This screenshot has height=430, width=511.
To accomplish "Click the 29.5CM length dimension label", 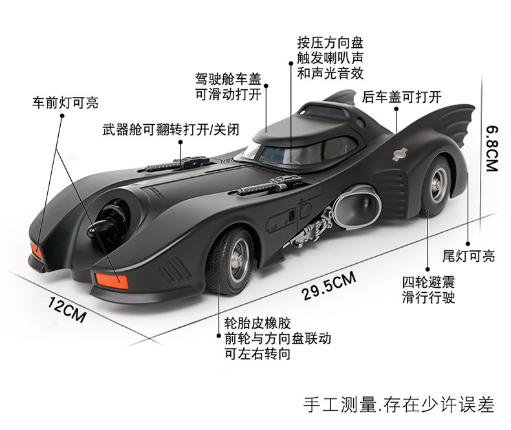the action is tap(329, 286).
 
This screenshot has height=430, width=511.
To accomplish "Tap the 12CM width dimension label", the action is tap(67, 310).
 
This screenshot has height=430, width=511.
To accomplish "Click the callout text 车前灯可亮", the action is tap(65, 103).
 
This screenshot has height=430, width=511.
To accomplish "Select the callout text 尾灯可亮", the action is tap(468, 256).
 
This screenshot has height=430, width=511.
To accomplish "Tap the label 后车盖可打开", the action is tap(402, 97).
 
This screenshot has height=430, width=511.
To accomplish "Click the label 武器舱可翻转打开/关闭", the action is tap(171, 129).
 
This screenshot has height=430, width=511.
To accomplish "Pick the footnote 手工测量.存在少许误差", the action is tap(399, 405).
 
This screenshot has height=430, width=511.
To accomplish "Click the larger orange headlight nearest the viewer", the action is tap(111, 281).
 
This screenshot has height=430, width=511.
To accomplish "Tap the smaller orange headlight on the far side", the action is tap(36, 250).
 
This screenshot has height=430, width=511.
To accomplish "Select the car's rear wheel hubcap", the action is tap(439, 184).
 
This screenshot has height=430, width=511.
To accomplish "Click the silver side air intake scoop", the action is tap(358, 205).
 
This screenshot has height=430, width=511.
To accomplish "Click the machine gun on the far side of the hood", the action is tap(178, 163).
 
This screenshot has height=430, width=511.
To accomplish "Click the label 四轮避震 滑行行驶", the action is tap(428, 290).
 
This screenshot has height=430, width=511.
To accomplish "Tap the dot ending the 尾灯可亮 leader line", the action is tap(468, 243).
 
